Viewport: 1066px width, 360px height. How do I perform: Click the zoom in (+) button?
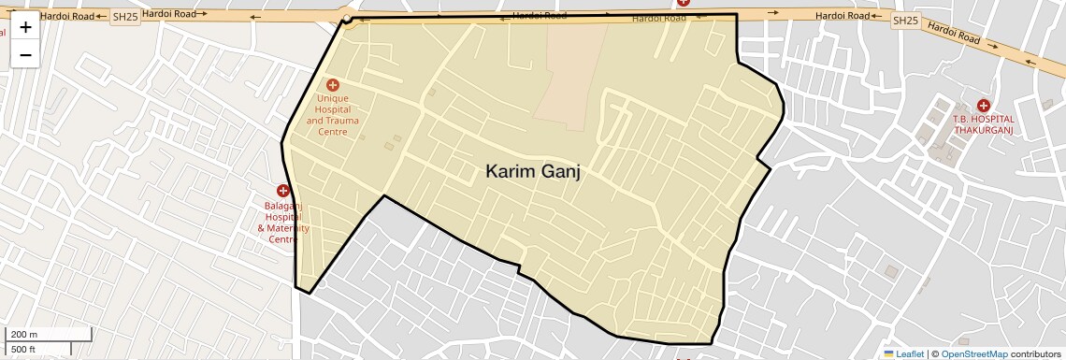[25, 27]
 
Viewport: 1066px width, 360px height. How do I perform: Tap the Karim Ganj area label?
[533, 171]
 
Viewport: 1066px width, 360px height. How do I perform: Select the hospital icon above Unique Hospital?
[332, 85]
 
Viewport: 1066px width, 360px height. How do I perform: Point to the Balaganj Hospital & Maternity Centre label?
[282, 222]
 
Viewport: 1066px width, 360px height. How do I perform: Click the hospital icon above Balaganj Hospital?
[282, 191]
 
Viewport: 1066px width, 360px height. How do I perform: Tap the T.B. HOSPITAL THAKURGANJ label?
[983, 124]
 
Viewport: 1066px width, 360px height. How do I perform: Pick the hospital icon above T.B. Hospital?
[983, 106]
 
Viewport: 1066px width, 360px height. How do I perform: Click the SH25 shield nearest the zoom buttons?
[125, 18]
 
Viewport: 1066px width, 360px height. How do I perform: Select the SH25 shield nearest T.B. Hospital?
[904, 21]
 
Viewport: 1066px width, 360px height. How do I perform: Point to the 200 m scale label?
[24, 335]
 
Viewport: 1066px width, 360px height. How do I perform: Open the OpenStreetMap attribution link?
[973, 353]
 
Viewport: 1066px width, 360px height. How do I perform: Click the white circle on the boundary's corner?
[347, 19]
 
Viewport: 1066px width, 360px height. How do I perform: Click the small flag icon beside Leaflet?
[889, 353]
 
